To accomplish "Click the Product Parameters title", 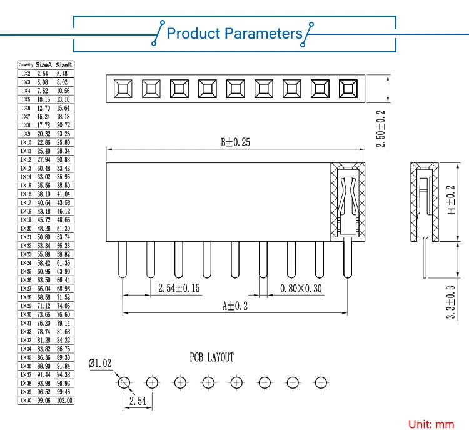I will pyautogui.click(x=234, y=33).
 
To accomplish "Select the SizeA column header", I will pyautogui.click(x=44, y=64).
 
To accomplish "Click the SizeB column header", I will pyautogui.click(x=64, y=64).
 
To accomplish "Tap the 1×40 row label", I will pyautogui.click(x=26, y=400).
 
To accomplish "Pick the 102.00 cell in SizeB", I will pyautogui.click(x=64, y=400).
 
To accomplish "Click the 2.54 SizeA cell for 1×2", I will pyautogui.click(x=44, y=73).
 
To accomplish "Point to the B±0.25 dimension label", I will pyautogui.click(x=235, y=142).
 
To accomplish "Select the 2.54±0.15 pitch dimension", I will pyautogui.click(x=179, y=288).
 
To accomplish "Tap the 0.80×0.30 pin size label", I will pyautogui.click(x=301, y=288).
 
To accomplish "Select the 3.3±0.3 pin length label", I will pyautogui.click(x=450, y=303).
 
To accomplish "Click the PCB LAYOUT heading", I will pyautogui.click(x=211, y=357).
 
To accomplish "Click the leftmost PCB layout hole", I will pyautogui.click(x=124, y=382).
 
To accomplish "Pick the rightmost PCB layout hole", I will pyautogui.click(x=321, y=382).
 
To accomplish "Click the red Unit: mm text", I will pyautogui.click(x=431, y=424).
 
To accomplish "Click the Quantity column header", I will pyautogui.click(x=26, y=64).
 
